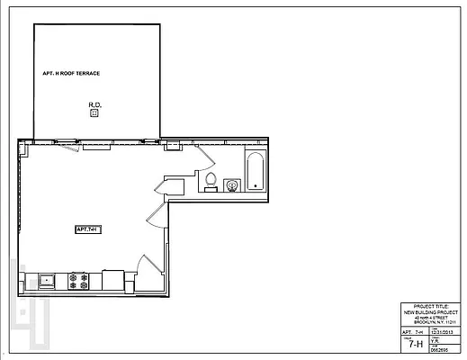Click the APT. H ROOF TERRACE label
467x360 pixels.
click(71, 73)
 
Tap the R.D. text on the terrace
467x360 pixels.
click(94, 105)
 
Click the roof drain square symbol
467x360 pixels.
click(94, 113)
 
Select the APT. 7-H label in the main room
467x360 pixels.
click(86, 229)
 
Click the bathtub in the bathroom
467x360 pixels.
click(255, 171)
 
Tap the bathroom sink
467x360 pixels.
click(232, 185)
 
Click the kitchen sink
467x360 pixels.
click(47, 280)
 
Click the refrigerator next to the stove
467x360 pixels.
click(112, 280)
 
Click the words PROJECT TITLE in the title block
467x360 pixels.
click(427, 307)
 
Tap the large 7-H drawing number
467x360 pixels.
click(415, 343)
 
